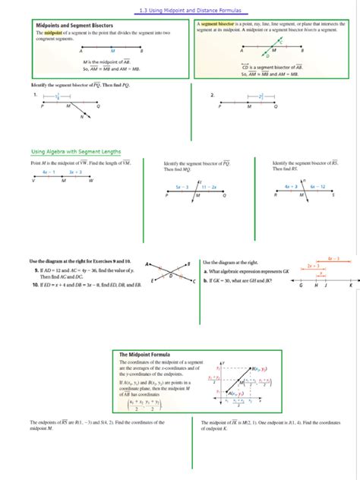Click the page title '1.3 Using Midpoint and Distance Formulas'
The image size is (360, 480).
point(180,11)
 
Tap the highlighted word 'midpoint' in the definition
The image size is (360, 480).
point(53,33)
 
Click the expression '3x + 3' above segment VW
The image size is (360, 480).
point(76,172)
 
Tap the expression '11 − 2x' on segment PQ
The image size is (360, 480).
point(209,186)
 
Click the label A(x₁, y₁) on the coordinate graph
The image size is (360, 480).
point(235,393)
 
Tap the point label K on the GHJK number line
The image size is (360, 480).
point(350,286)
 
